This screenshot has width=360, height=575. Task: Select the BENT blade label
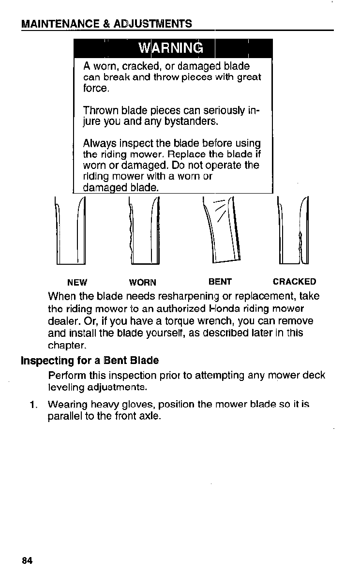220,282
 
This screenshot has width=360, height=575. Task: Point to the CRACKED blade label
294,282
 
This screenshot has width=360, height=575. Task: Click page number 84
27,561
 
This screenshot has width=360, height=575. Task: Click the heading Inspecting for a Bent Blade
90,361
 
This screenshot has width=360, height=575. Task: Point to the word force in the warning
96,89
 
